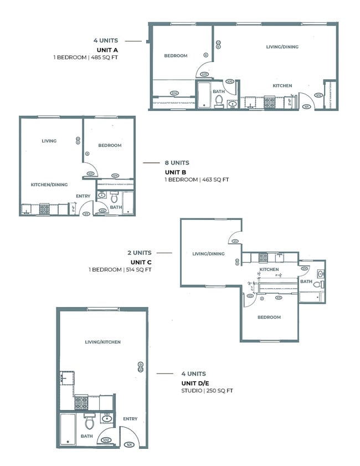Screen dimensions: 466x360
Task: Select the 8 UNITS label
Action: pos(177,163)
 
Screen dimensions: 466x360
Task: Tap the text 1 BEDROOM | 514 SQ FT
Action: pos(120,270)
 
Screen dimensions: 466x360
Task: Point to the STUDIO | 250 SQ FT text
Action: pos(207,391)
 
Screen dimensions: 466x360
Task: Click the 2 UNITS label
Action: pos(139,253)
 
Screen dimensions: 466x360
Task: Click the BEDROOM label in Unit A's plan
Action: pos(176,55)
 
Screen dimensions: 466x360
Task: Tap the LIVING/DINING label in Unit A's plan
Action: pos(282,47)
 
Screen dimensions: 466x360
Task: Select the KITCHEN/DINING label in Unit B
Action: pos(49,185)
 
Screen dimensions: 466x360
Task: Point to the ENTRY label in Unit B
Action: pos(83,196)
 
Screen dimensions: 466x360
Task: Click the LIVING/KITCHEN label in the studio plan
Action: pos(102,342)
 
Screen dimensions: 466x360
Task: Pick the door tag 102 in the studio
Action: pos(107,441)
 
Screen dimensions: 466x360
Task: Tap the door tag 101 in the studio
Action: pos(129,444)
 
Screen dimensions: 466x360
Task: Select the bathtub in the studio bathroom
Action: pos(68,428)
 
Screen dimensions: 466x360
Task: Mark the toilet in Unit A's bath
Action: pos(219,101)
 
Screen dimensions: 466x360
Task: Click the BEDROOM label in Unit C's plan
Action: pos(269,318)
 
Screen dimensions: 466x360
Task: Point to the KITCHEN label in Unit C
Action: pos(270,269)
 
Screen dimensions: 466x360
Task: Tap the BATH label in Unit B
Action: pos(116,207)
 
